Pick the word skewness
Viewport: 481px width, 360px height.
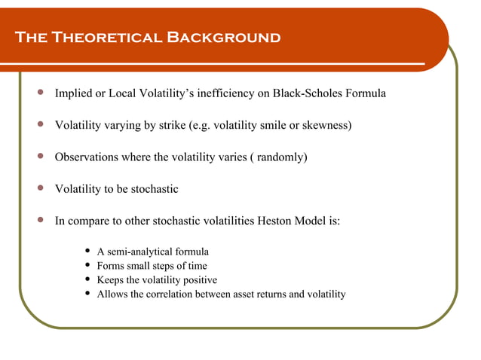click(325, 125)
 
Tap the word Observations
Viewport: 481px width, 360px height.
click(87, 157)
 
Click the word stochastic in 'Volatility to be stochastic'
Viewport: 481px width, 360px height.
click(153, 189)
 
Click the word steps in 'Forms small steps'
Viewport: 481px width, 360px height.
click(163, 266)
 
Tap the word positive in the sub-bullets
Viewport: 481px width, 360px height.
click(198, 279)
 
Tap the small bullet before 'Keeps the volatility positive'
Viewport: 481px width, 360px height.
click(90, 279)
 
